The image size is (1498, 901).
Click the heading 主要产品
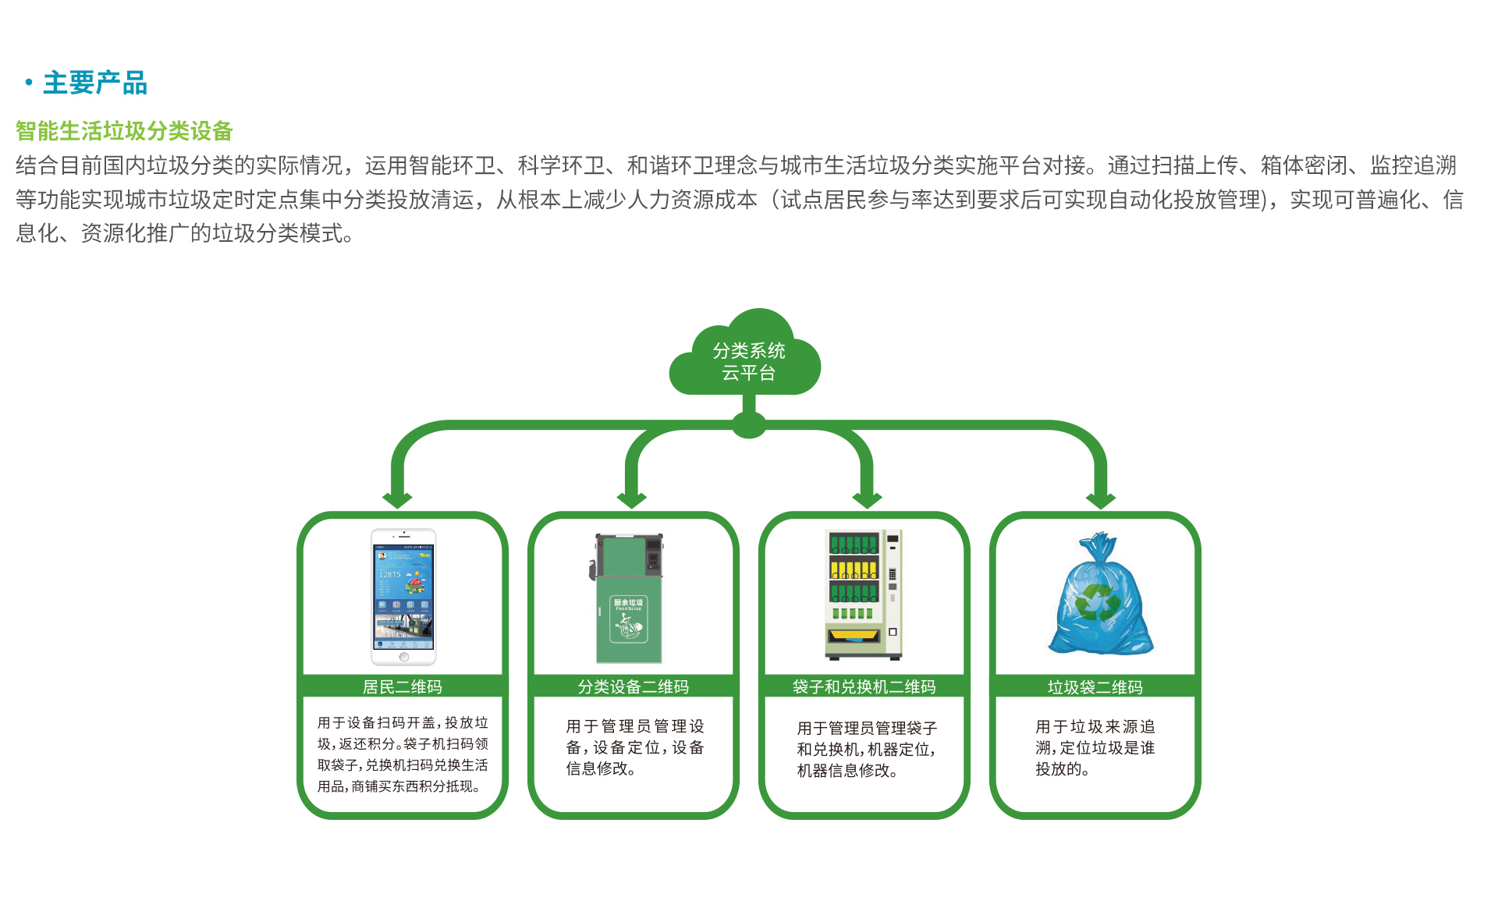click(94, 83)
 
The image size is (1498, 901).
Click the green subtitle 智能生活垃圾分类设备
click(124, 130)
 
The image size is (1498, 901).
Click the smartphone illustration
click(403, 596)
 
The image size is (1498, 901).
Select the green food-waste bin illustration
click(628, 598)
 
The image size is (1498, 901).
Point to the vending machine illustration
click(864, 594)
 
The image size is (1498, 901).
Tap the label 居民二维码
click(402, 686)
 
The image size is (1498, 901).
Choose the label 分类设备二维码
click(633, 686)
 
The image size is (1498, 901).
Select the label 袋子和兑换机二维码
click(864, 686)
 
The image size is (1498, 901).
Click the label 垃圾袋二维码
click(1095, 686)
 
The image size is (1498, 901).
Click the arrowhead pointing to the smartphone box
click(397, 499)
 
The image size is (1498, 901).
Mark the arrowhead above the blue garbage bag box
click(1100, 499)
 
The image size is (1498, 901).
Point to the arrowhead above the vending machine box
click(866, 499)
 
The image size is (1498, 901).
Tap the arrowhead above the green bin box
click(631, 499)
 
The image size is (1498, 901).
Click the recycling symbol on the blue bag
click(1097, 602)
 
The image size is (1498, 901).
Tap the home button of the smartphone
click(404, 657)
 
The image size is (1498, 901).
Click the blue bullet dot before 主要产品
click(29, 82)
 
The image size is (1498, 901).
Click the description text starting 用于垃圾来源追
click(1095, 747)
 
